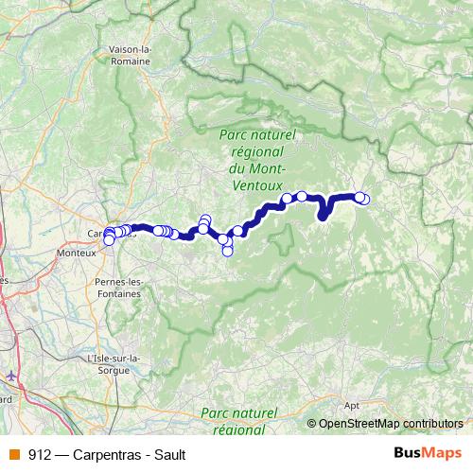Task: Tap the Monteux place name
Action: coord(77,254)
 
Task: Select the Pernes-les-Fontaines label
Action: coord(118,288)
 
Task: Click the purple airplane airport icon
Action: coord(10,376)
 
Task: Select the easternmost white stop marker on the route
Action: coord(364,198)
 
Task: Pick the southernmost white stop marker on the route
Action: coord(227,251)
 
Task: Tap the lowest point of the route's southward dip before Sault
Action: coord(323,216)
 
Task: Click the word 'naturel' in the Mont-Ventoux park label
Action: coord(272,136)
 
